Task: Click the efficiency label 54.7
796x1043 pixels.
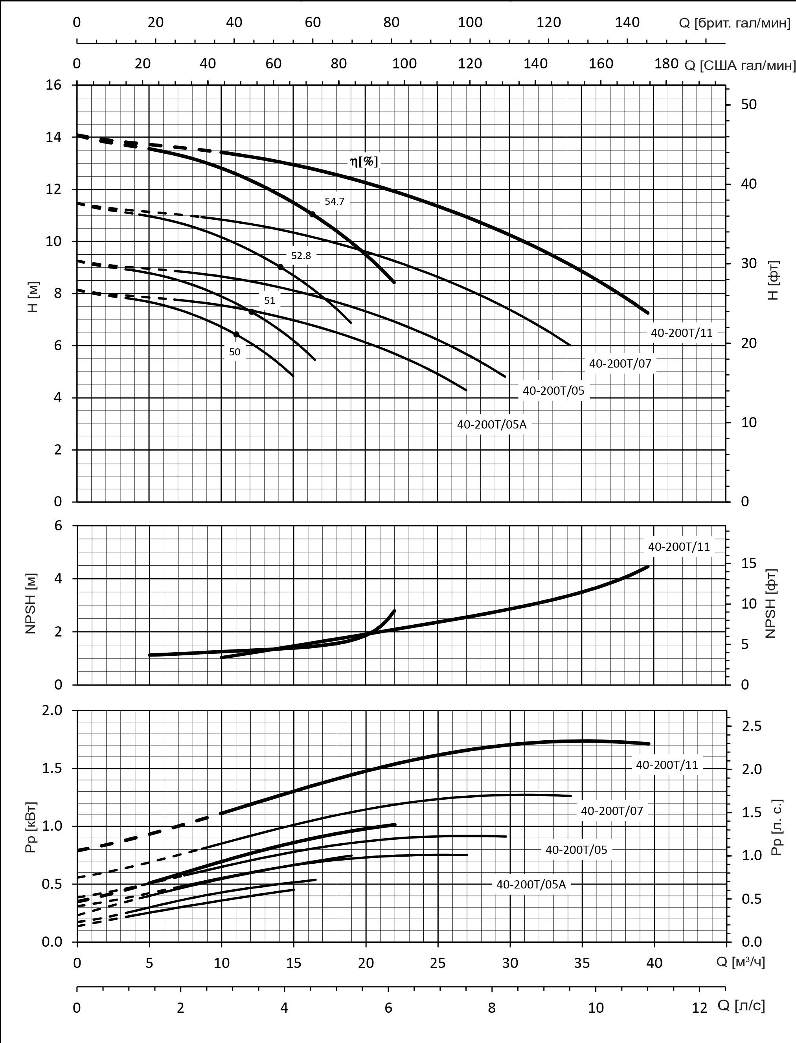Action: tap(334, 201)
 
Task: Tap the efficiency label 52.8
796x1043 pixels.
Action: tap(301, 256)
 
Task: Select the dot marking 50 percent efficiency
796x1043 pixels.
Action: tap(236, 335)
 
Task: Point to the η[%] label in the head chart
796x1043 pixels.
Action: tap(364, 162)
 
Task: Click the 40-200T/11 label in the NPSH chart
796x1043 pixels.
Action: tap(679, 546)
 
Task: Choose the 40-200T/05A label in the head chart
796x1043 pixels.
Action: tap(491, 424)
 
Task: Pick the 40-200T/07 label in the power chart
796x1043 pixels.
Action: tap(612, 810)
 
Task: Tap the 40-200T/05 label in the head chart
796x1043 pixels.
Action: tap(553, 390)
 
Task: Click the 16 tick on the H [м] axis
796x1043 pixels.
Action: tap(53, 85)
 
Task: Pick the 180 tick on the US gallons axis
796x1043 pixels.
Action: tap(666, 64)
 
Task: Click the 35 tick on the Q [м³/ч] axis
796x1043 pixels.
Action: tap(582, 963)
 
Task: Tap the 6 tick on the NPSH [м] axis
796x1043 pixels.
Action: tap(58, 526)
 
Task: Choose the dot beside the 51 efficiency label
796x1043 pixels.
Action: tap(252, 311)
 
